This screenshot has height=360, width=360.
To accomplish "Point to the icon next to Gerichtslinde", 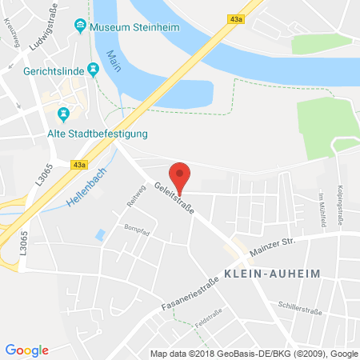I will (94, 70).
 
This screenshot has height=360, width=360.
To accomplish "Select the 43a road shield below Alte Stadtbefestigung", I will (78, 165).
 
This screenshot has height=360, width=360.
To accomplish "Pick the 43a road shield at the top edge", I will (235, 18).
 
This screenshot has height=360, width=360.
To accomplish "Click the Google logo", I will (27, 350).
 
